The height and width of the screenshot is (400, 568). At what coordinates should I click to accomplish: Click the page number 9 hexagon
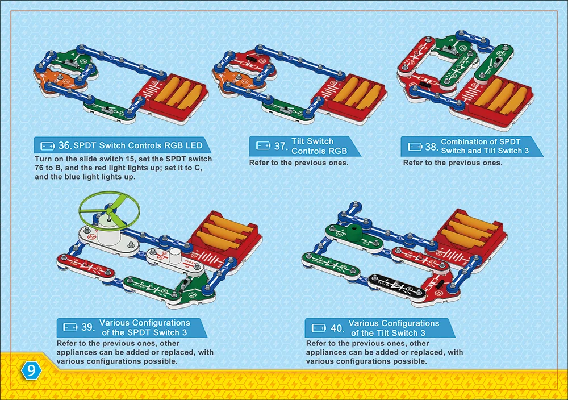coord(30,370)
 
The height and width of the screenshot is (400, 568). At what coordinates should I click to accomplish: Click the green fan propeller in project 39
coord(108,208)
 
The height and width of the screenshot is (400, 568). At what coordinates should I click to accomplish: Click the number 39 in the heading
coord(87,327)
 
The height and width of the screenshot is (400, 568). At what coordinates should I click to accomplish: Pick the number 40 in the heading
coord(337,328)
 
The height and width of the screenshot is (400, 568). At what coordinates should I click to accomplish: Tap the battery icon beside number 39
coord(70,327)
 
